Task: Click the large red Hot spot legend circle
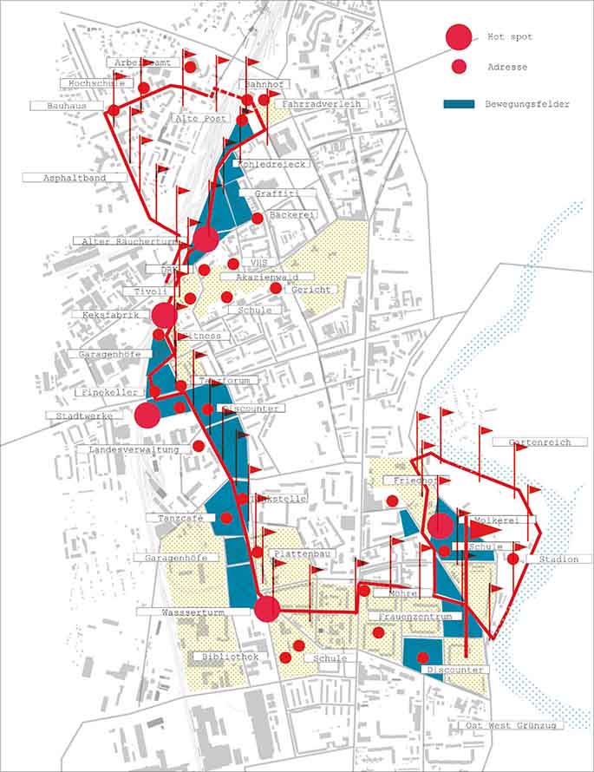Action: [x=459, y=37]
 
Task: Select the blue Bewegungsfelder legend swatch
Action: [x=460, y=104]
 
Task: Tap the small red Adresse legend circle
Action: [x=460, y=66]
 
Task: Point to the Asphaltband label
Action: [x=75, y=178]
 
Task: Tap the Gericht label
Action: [x=309, y=290]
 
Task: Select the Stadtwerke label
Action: [x=84, y=416]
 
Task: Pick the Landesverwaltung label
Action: [x=134, y=450]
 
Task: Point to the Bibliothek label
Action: [x=229, y=658]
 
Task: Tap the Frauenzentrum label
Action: [x=411, y=617]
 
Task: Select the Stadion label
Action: [x=558, y=560]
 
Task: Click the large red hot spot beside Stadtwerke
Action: [x=147, y=415]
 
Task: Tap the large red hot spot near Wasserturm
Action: [x=267, y=609]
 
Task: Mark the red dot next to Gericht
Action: [x=276, y=288]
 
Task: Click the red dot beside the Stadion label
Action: [x=513, y=559]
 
